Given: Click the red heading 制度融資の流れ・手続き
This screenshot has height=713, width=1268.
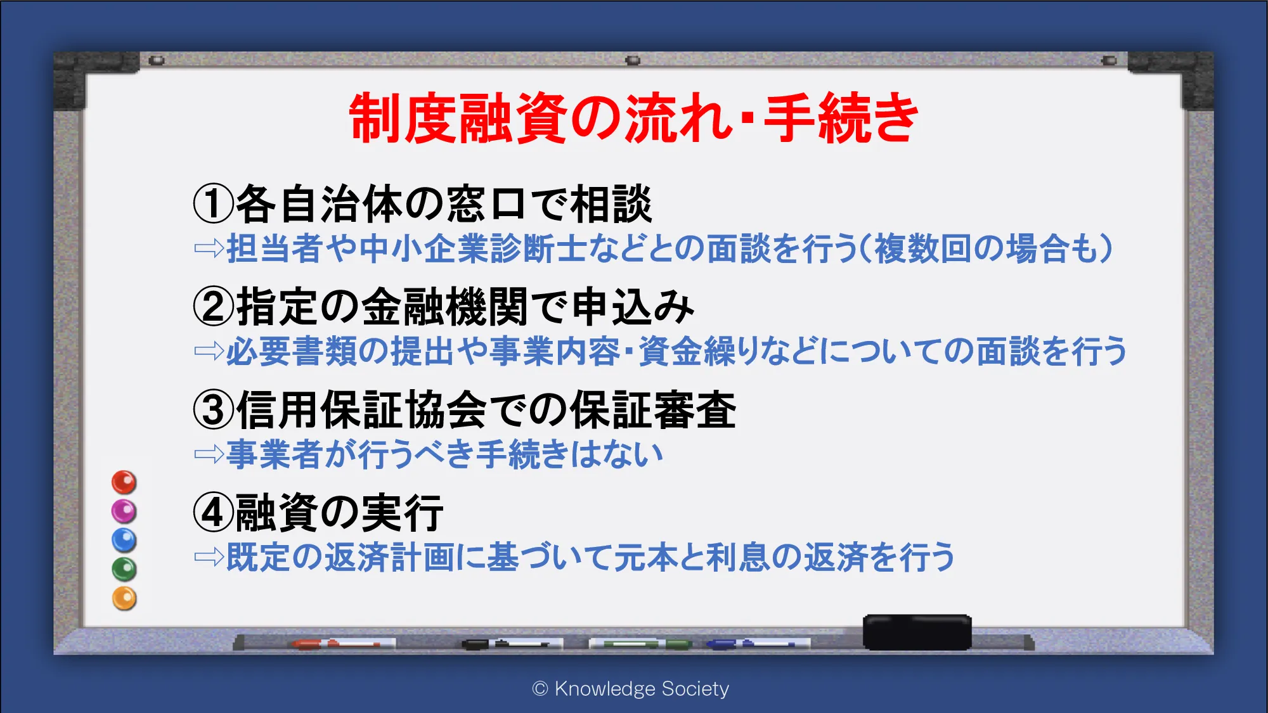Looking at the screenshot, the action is click(x=633, y=118).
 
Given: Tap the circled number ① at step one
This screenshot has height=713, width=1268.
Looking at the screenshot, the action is click(x=214, y=204).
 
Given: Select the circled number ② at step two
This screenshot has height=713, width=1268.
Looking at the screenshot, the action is click(x=214, y=307).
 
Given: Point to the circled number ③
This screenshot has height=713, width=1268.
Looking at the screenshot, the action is click(x=214, y=409).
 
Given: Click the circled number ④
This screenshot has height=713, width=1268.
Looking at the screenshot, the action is click(x=214, y=512).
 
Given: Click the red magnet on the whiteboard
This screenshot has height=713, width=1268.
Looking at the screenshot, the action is click(x=124, y=482).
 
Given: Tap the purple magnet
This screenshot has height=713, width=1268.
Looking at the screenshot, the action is click(x=124, y=511).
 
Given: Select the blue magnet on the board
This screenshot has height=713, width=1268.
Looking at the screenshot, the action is click(x=124, y=541).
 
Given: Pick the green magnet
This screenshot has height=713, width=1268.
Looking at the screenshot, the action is click(x=124, y=569).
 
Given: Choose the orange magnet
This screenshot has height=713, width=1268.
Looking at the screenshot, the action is click(x=124, y=598).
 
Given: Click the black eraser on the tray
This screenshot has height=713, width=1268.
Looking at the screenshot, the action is click(x=917, y=632).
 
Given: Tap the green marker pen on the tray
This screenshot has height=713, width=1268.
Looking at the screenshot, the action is click(x=640, y=644).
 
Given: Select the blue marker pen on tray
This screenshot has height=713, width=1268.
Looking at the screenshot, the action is click(x=758, y=644).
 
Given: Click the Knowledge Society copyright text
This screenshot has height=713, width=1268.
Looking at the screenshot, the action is click(x=631, y=688).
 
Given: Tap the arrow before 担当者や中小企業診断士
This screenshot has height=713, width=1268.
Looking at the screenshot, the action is click(x=209, y=248).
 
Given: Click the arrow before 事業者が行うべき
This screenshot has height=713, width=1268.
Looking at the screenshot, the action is click(x=209, y=454).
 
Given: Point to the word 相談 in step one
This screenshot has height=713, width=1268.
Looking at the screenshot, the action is click(x=611, y=204).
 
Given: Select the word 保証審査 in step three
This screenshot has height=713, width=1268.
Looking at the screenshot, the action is click(x=654, y=409).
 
